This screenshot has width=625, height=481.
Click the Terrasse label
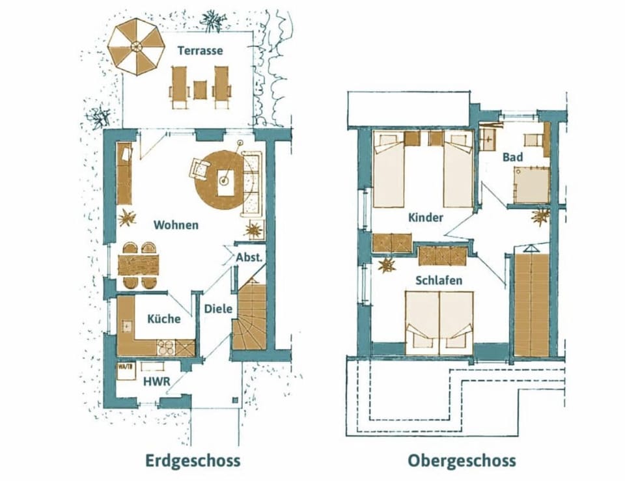(200, 50)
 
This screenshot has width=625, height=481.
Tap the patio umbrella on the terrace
(137, 46)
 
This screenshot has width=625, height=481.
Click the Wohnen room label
(176, 225)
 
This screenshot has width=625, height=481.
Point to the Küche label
(163, 319)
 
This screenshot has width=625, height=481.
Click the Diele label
(218, 309)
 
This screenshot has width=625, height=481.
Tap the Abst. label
(249, 256)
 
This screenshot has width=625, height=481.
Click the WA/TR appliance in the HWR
(126, 370)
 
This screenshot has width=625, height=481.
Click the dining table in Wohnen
(138, 265)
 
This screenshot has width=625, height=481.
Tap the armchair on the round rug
(199, 169)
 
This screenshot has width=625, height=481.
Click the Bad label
(512, 157)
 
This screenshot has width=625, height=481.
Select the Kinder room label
(426, 217)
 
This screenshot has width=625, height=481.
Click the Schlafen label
(439, 280)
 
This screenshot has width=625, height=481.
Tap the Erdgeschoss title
(193, 461)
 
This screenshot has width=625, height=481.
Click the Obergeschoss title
(462, 461)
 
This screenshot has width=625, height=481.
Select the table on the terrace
(200, 89)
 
